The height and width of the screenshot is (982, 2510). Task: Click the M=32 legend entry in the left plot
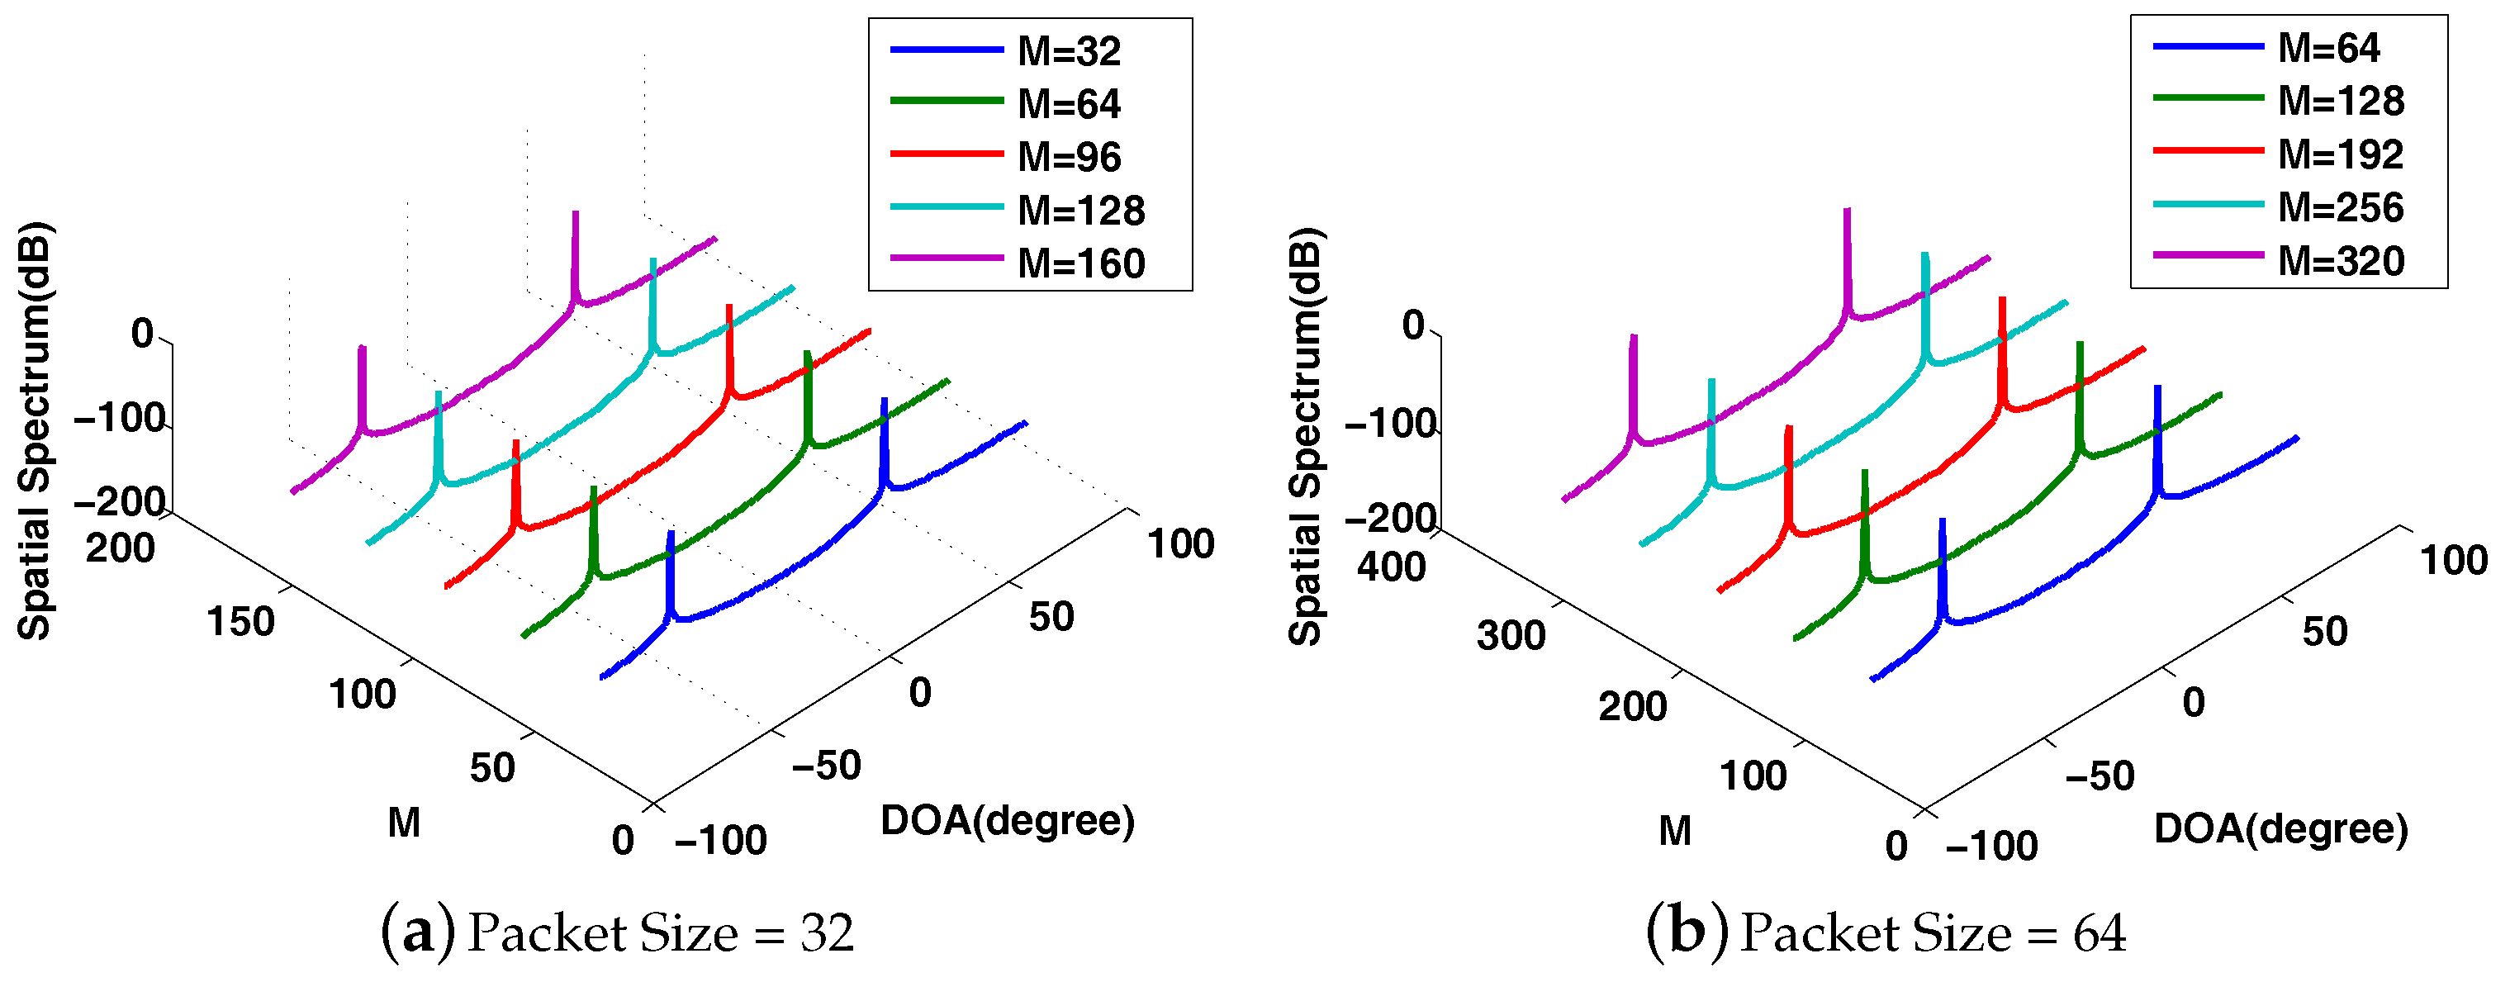(x=1068, y=52)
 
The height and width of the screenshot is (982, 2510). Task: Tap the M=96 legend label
(x=1069, y=158)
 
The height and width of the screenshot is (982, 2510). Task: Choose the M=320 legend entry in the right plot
(x=2341, y=261)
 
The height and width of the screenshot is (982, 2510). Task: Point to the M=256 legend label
(x=2341, y=208)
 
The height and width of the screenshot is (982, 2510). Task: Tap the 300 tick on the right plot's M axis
(x=1511, y=636)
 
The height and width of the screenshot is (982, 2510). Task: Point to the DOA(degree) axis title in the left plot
(x=1008, y=821)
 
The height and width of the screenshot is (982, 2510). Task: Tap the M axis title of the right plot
(x=1674, y=831)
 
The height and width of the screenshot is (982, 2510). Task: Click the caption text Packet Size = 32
(x=661, y=933)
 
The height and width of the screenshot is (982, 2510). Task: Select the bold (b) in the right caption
(x=1687, y=932)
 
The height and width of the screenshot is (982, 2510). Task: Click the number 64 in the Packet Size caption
(x=2099, y=933)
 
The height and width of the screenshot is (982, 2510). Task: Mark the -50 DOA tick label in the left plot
(x=826, y=766)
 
